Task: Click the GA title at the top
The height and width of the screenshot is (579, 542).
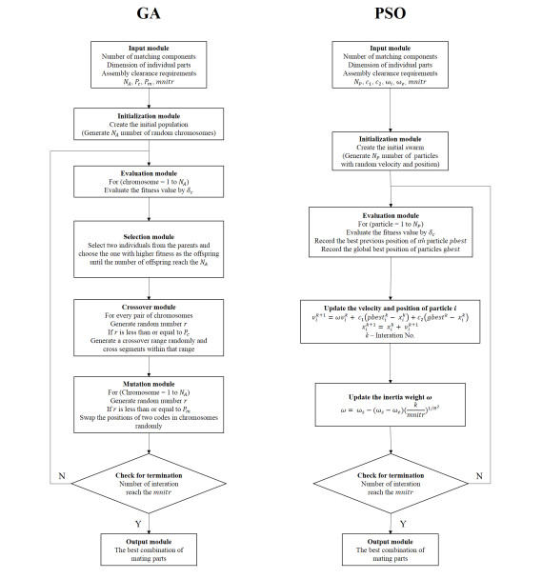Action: coord(147,13)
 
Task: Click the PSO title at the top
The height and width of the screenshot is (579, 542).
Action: coord(388,13)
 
